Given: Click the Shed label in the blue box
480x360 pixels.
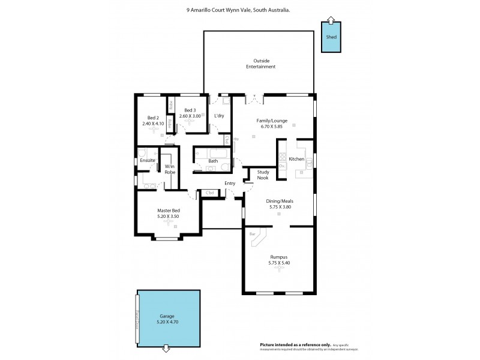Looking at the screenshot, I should (331, 37).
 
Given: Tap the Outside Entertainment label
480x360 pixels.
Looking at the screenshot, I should (264, 64).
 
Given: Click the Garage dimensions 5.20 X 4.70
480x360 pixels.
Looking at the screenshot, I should (167, 322).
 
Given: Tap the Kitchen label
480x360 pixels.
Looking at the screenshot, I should (296, 159).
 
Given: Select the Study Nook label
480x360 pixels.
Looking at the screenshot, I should (263, 175).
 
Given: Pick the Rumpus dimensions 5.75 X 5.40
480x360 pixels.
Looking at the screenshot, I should (278, 263).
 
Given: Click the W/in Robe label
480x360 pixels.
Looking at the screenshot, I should (170, 169).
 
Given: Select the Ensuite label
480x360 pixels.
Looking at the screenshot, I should (148, 161).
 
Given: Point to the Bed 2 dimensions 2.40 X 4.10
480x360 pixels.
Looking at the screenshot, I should (152, 124).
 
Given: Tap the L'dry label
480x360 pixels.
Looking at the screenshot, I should (219, 115).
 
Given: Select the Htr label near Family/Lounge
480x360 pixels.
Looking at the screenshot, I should (236, 139).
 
